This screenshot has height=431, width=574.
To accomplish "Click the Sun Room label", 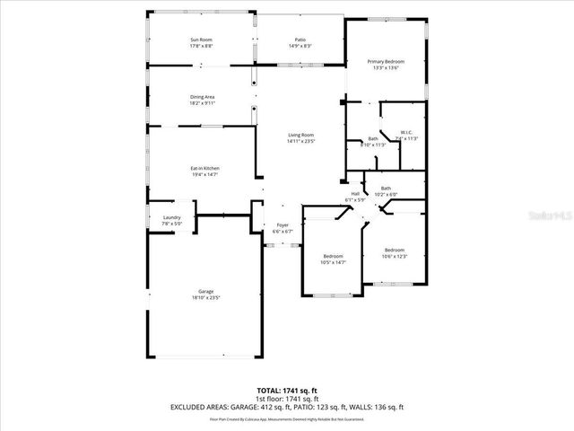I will coord(202,40).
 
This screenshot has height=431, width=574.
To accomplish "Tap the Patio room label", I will coord(300,40).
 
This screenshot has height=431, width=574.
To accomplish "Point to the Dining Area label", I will coord(202,97).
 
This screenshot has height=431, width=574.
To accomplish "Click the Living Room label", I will coord(300,135).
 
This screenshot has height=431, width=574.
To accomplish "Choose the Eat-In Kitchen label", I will coord(205,169).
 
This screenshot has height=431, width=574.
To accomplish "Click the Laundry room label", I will coord(171,218).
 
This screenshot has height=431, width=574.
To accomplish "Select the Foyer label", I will coord(283,225).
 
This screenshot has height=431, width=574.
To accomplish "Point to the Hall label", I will coord(355,193).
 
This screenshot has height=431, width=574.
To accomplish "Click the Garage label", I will coord(206,292).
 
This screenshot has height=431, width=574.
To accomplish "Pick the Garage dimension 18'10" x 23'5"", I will coord(206,298).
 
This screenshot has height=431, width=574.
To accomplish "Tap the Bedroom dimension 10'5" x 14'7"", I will coord(334,262).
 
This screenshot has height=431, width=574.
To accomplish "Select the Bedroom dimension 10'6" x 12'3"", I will coord(396,256).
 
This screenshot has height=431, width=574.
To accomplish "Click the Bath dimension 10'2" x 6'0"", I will coord(386,194).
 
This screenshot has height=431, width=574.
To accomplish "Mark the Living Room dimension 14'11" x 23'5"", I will coord(300,141).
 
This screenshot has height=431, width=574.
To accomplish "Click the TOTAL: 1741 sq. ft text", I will coord(287,390).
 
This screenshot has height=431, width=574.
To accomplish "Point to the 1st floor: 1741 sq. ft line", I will coord(287,398).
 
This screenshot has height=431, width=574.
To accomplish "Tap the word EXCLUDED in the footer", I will coord(191,406).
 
